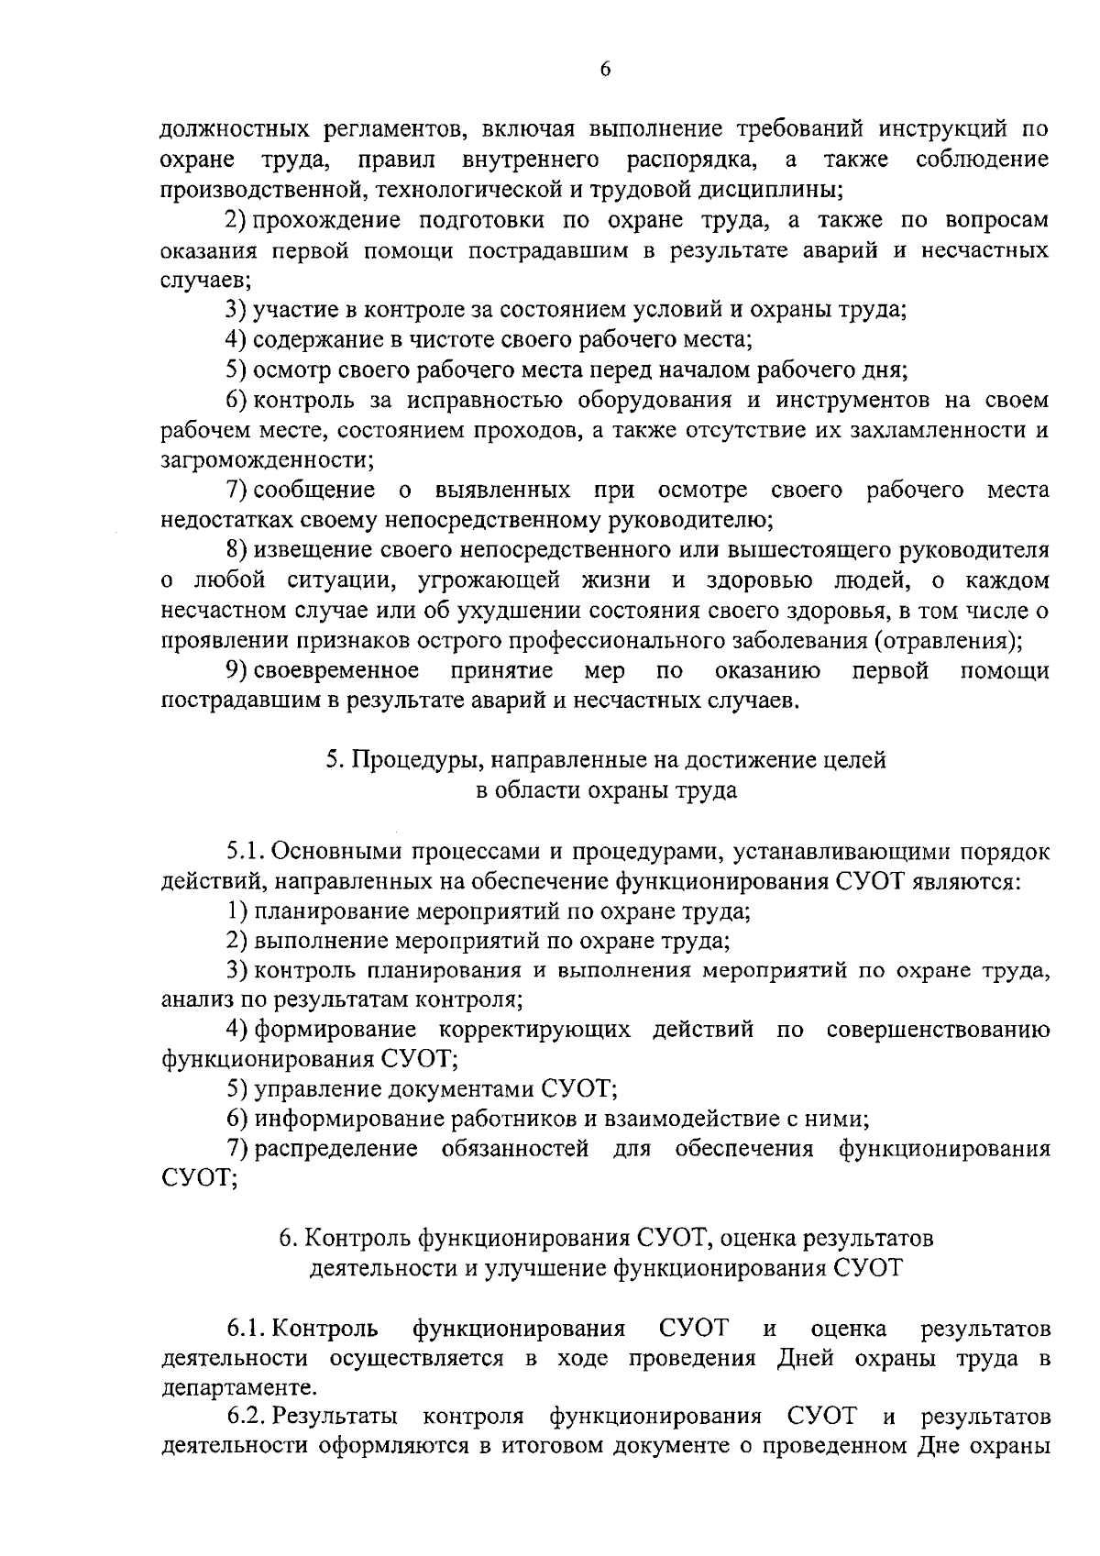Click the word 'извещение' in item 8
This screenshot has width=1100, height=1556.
tap(303, 550)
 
